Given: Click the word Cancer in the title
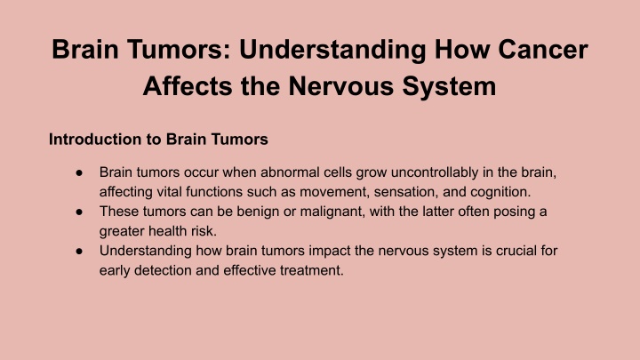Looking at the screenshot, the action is click(543, 50).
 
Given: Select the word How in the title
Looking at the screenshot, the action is click(462, 50).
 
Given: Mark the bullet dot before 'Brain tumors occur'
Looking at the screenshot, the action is click(79, 172).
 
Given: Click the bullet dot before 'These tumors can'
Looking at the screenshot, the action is click(79, 212).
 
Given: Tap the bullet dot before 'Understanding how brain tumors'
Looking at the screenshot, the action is click(79, 251).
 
